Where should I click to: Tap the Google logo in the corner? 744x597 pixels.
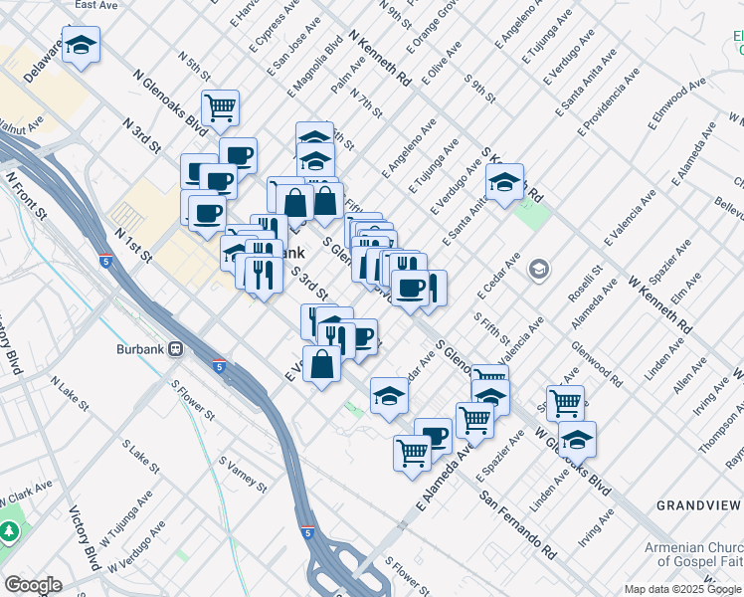tap(33, 585)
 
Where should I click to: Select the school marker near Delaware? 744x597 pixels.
tap(81, 44)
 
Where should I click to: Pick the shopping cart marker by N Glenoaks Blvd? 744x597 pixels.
tap(220, 106)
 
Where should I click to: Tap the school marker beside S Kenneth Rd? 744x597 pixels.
tap(504, 182)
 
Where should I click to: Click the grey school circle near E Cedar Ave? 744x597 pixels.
tap(539, 269)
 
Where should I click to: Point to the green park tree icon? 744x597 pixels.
tap(10, 531)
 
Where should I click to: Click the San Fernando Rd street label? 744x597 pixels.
tap(517, 523)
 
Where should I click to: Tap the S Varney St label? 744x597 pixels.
tap(243, 476)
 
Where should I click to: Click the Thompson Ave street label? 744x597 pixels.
tap(718, 435)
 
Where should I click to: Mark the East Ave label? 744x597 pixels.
tap(95, 5)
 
